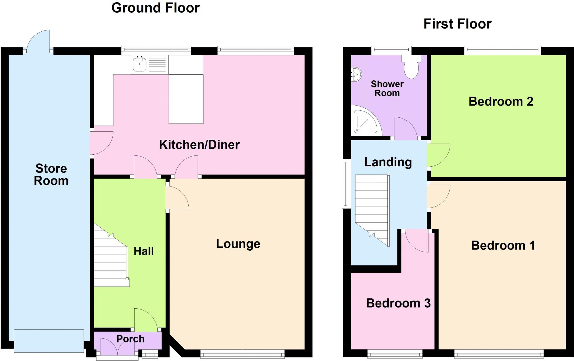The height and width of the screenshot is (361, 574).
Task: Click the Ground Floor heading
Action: (x=156, y=8)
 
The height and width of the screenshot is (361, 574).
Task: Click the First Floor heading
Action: (x=457, y=24)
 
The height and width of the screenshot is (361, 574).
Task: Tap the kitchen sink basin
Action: (x=139, y=64)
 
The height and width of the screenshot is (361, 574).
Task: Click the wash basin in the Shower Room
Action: (x=356, y=74)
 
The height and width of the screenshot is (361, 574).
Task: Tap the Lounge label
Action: (x=238, y=244)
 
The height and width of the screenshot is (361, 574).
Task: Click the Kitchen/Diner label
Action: (x=199, y=145)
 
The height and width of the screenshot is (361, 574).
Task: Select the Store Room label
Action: (x=51, y=174)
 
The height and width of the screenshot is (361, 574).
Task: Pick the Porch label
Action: (x=130, y=339)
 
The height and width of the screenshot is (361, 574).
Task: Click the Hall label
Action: (x=143, y=251)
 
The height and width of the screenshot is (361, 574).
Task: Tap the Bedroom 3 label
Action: (x=398, y=303)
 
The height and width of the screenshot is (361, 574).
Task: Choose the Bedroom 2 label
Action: (x=501, y=101)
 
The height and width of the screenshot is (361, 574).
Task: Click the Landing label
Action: (x=388, y=162)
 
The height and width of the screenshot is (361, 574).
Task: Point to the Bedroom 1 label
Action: (x=503, y=246)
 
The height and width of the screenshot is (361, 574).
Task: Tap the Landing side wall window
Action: (x=346, y=184)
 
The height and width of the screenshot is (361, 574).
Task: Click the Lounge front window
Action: (x=243, y=355)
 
